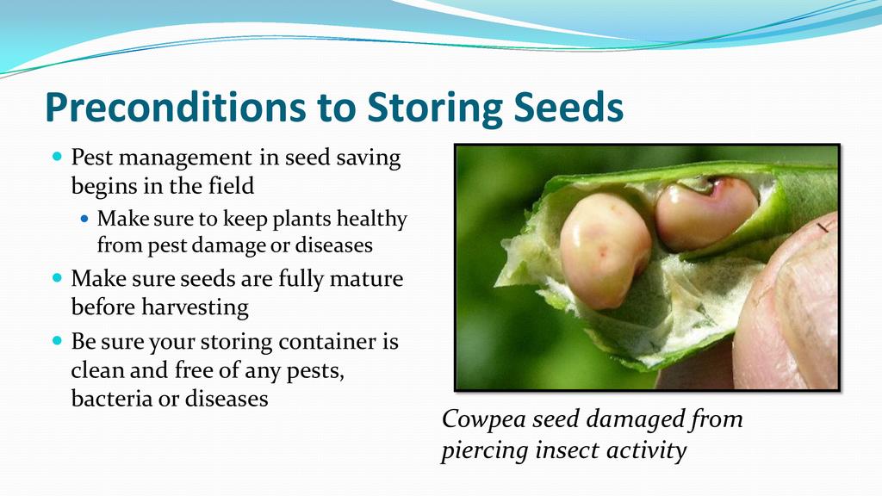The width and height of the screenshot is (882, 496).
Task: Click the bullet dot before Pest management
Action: pos(57,156)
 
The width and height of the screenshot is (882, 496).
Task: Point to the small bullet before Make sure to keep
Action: pos(84,218)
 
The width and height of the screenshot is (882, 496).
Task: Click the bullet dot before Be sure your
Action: pos(57,340)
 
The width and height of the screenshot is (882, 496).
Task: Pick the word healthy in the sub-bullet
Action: pos(372,220)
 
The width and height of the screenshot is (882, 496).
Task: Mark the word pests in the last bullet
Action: pos(315,371)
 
